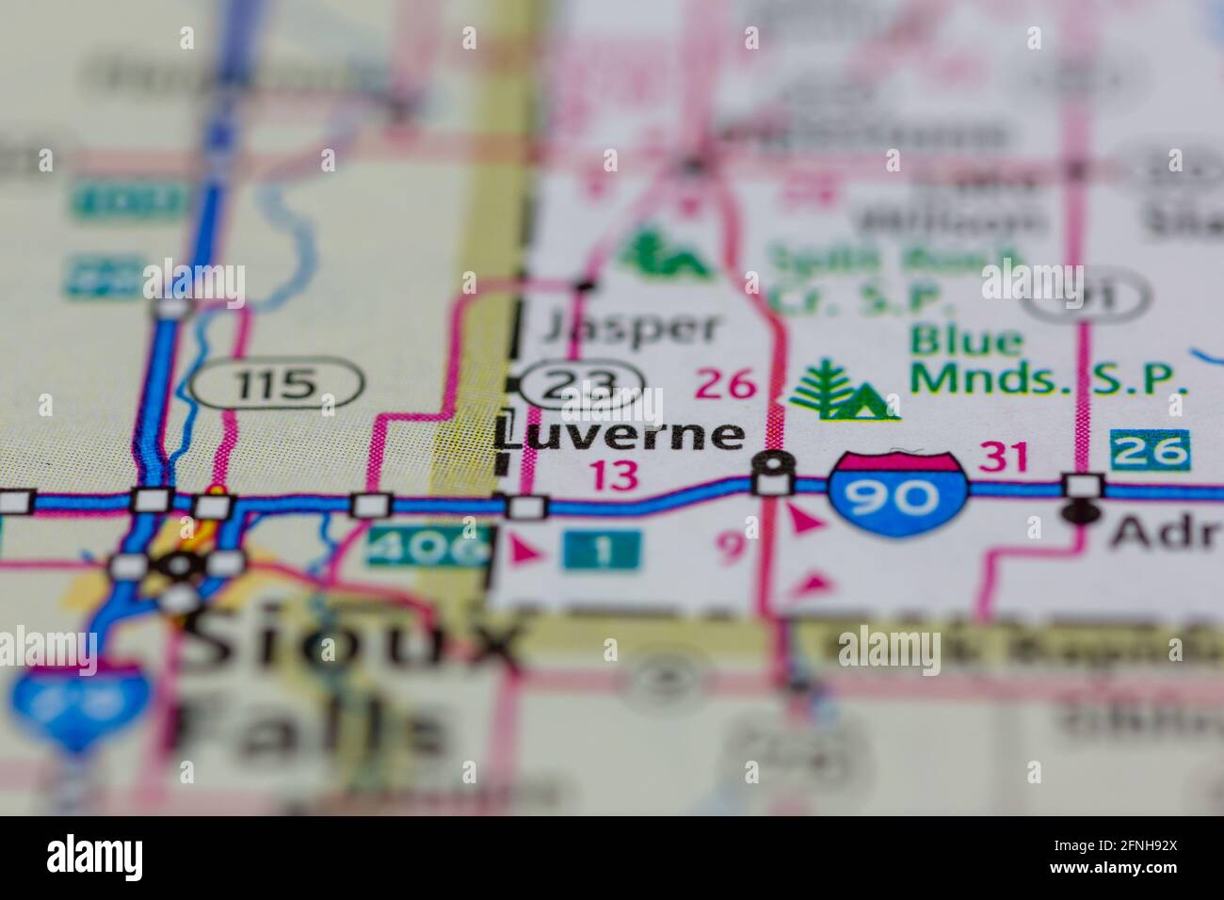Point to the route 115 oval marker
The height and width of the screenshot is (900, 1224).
tap(277, 382)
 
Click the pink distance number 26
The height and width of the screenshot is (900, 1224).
tap(726, 383)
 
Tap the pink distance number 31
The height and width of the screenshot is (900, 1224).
tap(1005, 458)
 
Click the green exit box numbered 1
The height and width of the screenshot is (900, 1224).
tap(602, 550)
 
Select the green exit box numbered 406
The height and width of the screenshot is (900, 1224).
tap(429, 547)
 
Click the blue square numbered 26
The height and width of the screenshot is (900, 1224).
tap(1150, 451)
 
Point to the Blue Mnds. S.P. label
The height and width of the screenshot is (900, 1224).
tap(1045, 362)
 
